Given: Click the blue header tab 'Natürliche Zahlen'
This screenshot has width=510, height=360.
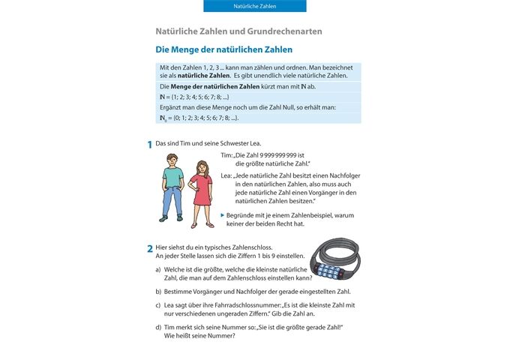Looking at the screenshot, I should (x=254, y=6).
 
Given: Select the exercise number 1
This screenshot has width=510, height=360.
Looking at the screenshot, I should (x=149, y=144).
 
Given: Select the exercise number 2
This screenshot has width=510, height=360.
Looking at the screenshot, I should (x=149, y=248).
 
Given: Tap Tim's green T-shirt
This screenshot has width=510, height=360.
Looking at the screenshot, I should (x=173, y=178).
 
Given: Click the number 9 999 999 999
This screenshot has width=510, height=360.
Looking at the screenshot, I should (x=277, y=154).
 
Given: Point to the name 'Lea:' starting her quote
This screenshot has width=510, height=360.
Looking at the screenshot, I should (x=226, y=175).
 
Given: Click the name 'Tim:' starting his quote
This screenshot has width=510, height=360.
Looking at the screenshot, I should (x=226, y=154).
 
